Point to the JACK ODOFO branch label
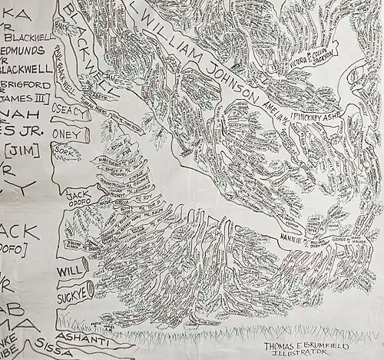78,198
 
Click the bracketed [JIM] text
24,146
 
